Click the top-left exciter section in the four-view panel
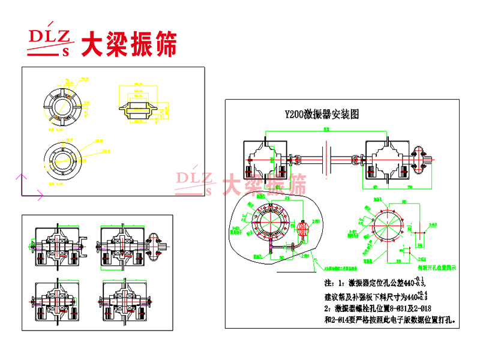tap(58, 246)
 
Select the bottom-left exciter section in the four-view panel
tap(58, 302)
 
